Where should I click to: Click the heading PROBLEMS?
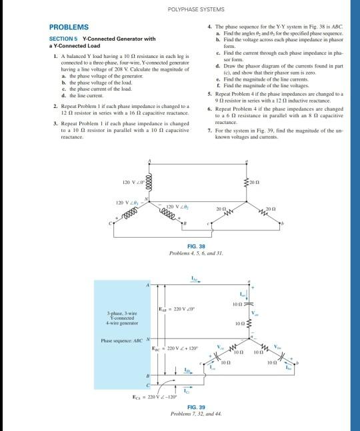pos(69,27)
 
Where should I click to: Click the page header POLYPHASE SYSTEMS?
pos(180,9)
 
